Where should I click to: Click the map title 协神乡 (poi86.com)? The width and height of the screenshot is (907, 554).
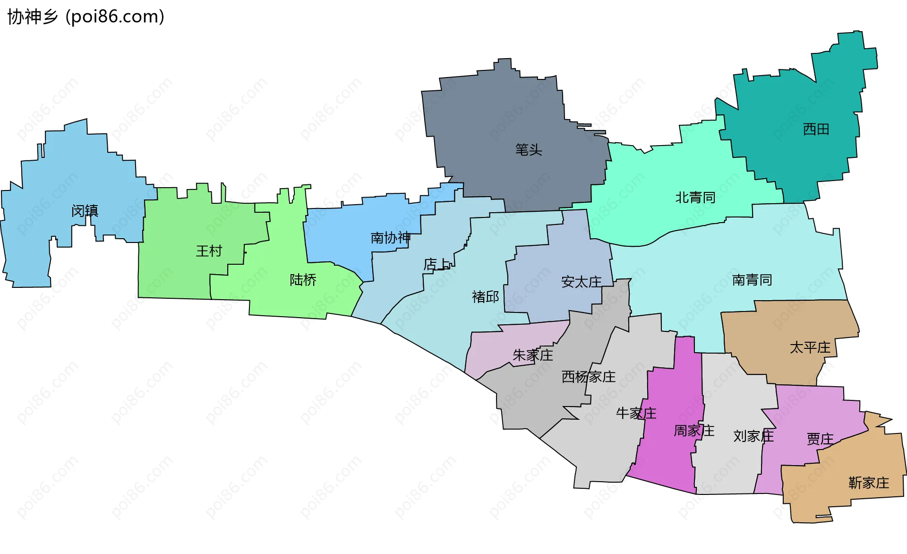coord(86,17)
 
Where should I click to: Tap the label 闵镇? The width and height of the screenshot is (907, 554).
coord(85,210)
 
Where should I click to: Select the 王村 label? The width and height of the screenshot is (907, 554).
coord(209,251)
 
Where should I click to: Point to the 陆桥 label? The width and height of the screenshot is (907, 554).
coord(303,280)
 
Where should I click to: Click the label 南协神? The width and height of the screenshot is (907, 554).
coord(390,237)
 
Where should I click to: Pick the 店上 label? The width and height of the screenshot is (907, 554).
coord(437,264)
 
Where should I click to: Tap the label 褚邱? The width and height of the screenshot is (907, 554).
coord(485,296)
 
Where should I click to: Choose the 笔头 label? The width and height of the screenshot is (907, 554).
coord(529,150)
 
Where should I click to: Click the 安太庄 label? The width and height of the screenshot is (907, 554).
coord(581,282)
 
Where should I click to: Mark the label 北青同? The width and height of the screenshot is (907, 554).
coord(695,197)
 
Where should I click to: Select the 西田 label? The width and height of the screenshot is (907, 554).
coord(816,129)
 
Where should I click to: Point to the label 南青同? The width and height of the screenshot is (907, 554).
coord(752,280)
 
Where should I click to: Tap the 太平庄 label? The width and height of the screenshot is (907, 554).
coord(810,347)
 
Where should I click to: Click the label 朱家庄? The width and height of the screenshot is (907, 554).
coord(533,355)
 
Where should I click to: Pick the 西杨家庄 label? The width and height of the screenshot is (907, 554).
coord(588,377)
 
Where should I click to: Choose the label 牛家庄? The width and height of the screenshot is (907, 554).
coord(636,413)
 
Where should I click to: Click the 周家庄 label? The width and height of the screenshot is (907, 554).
coord(693,431)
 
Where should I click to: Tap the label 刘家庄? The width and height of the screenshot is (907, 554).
coord(753,436)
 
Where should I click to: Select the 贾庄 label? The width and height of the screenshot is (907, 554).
coord(820,439)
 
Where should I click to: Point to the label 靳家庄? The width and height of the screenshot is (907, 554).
coord(868,483)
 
